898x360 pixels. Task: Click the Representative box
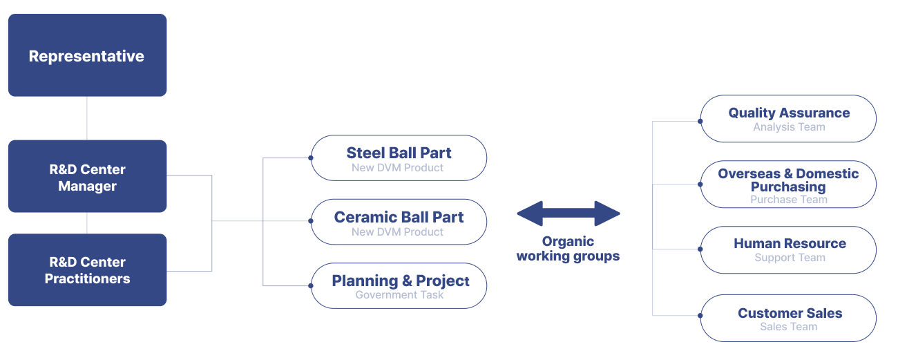[x=87, y=55]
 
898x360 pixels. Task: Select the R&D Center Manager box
[x=87, y=177]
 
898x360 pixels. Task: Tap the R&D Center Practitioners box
[x=87, y=270]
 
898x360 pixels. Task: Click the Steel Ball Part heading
[x=399, y=153]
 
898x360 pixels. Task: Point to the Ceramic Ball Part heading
[x=399, y=217]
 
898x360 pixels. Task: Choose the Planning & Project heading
[x=401, y=281]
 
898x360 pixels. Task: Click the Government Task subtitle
[x=399, y=295]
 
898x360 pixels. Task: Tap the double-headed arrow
[x=568, y=214]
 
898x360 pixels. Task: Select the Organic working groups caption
[x=568, y=249]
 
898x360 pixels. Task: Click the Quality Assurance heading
[x=789, y=113]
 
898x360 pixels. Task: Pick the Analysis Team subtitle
[x=789, y=127]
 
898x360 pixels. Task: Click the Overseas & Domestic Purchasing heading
[x=788, y=180]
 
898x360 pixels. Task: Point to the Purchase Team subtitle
[x=788, y=200]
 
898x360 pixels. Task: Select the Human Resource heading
[x=790, y=243]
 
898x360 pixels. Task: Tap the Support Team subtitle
[x=790, y=258]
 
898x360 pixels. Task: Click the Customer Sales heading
[x=790, y=313]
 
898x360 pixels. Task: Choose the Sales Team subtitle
[x=788, y=327]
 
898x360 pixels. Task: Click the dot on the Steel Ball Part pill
[x=311, y=158]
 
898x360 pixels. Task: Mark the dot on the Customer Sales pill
[x=700, y=316]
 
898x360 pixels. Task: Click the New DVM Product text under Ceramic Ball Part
[x=397, y=232]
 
